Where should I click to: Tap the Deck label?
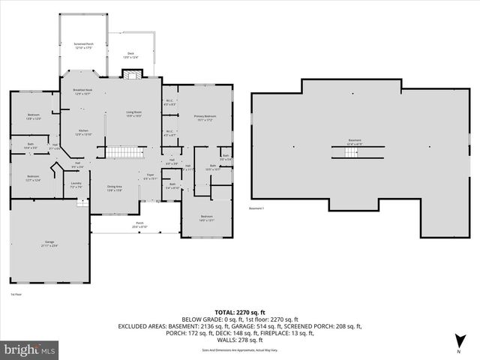131,53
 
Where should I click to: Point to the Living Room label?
133,114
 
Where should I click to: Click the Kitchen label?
83,132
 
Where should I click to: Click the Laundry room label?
76,184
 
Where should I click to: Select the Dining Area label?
114,188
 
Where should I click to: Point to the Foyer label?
150,177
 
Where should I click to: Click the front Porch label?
139,224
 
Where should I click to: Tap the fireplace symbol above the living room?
132,73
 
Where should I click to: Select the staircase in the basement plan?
351,153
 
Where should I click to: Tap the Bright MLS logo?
30,349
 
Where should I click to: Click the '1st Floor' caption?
16,294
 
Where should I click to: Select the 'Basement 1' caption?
257,208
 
